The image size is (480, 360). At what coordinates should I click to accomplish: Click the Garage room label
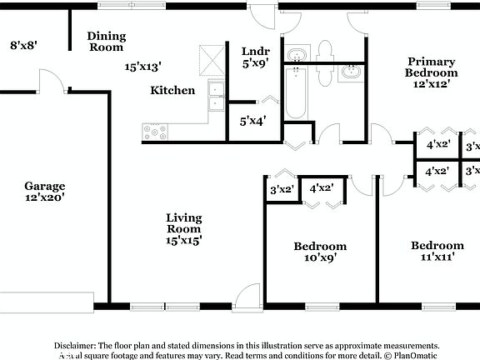(44, 186)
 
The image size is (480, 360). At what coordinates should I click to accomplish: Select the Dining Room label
(107, 42)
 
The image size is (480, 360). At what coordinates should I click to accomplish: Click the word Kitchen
(172, 90)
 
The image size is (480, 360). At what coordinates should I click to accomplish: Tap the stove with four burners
(155, 131)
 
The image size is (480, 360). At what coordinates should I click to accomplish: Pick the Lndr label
(255, 50)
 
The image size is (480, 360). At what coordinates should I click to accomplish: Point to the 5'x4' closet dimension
(253, 121)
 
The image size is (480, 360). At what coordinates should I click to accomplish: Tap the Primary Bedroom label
(431, 67)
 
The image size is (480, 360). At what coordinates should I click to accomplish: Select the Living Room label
(183, 222)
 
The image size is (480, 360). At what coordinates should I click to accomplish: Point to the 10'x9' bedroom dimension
(320, 258)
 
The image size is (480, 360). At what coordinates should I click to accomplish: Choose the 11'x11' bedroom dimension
(437, 257)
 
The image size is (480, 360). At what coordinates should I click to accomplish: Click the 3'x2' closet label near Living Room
(282, 190)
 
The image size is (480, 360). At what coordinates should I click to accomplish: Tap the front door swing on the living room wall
(247, 296)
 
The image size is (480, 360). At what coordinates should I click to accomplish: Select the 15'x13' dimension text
(142, 66)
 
